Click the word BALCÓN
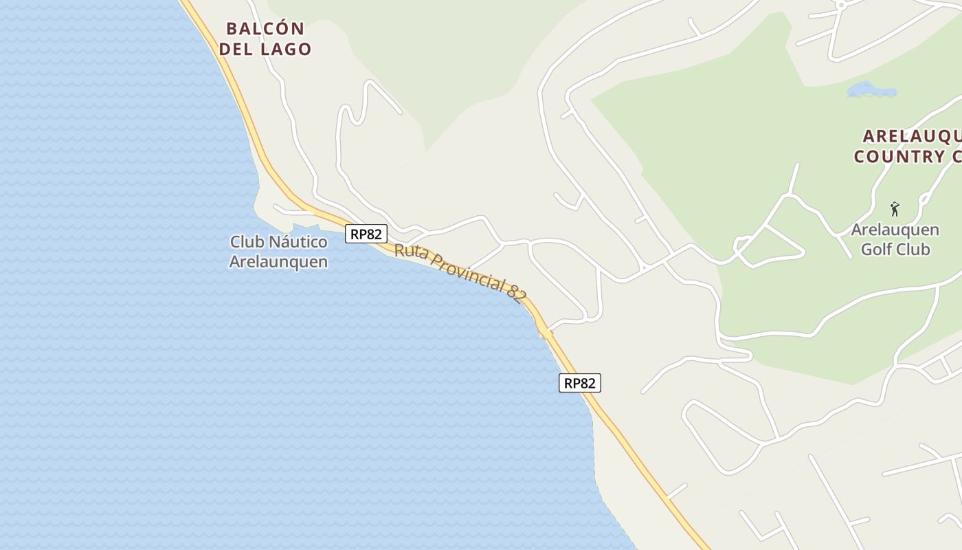point(265,29)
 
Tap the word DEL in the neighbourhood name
point(238,49)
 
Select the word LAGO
point(287,49)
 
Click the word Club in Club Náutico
point(247,242)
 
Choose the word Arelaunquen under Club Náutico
point(278,262)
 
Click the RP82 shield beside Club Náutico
point(366,234)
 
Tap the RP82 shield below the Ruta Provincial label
point(580,383)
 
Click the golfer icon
point(895,209)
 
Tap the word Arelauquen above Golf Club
point(895,230)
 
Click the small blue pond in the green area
point(871,89)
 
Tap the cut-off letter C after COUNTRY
point(957,157)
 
